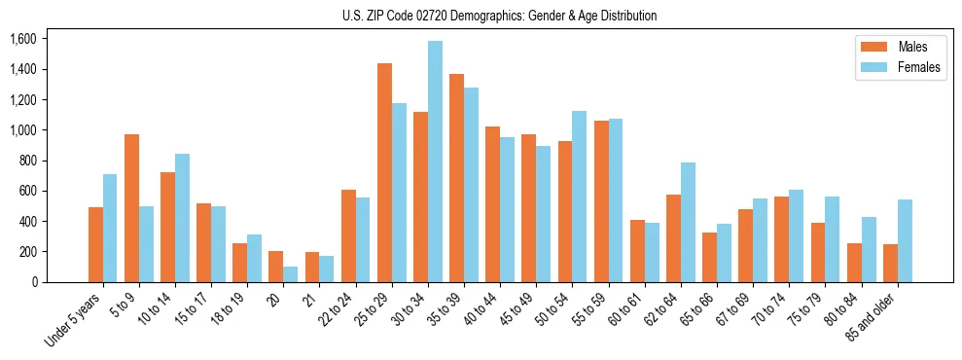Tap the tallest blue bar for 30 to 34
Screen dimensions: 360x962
[x=435, y=162]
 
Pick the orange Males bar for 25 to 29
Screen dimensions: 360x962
[x=384, y=172]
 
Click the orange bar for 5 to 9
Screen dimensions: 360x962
[x=131, y=208]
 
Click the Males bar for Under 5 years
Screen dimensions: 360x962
[x=95, y=244]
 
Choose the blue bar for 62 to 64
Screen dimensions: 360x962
[x=688, y=222]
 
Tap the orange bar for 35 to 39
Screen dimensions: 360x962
[x=456, y=178]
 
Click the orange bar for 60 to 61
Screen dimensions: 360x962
[x=637, y=251]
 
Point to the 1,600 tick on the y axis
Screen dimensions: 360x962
[x=22, y=39]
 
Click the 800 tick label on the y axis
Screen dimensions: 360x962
[x=26, y=161]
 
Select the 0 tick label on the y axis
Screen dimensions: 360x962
[x=35, y=282]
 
